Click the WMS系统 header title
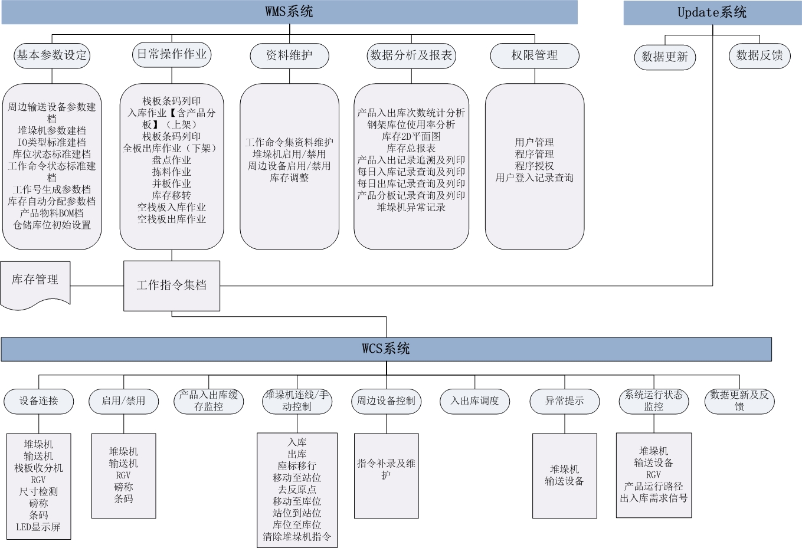tap(289, 11)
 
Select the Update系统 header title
tap(712, 12)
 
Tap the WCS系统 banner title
tap(385, 349)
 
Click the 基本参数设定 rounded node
tap(52, 55)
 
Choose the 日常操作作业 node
tap(172, 54)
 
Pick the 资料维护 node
tap(289, 55)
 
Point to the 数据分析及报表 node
tap(411, 55)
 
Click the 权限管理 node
tap(535, 55)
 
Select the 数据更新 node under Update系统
tap(665, 57)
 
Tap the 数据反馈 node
tap(760, 56)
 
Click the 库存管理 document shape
tap(35, 285)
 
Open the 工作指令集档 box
tap(172, 286)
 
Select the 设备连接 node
tap(39, 401)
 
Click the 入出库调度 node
tap(474, 401)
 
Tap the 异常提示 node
tap(565, 401)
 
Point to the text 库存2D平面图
tap(411, 136)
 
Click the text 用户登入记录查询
tap(534, 178)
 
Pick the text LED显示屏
tap(38, 527)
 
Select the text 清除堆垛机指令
tap(297, 537)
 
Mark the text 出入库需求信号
tap(654, 498)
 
